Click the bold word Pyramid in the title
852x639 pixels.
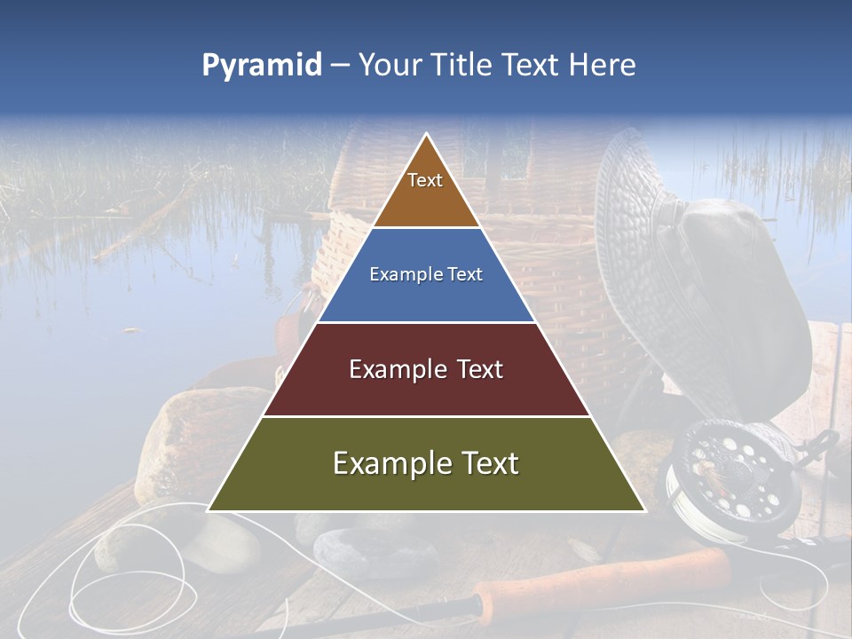click(262, 66)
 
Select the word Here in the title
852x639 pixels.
click(603, 66)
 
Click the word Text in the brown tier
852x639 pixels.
click(425, 180)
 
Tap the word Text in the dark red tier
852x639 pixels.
click(479, 369)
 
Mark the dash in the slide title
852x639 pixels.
click(340, 66)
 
